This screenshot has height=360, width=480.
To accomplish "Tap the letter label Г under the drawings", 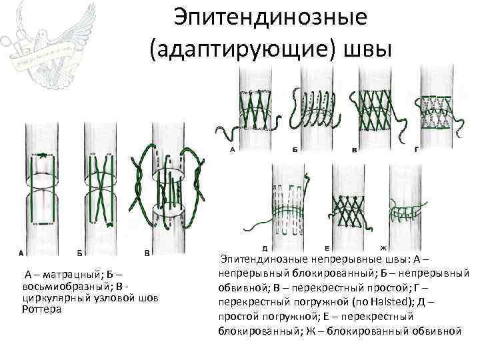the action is pos(417,150).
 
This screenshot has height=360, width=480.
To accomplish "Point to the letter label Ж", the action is pos(383,248).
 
